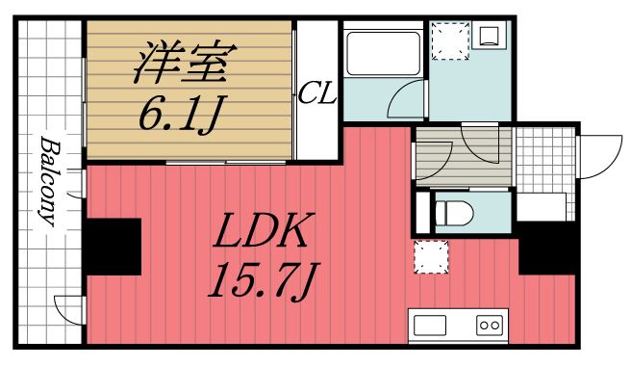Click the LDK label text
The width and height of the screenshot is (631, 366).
click(x=260, y=232)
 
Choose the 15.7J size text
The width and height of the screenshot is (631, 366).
click(x=260, y=282)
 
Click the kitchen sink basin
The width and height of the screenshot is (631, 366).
click(x=429, y=325)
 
